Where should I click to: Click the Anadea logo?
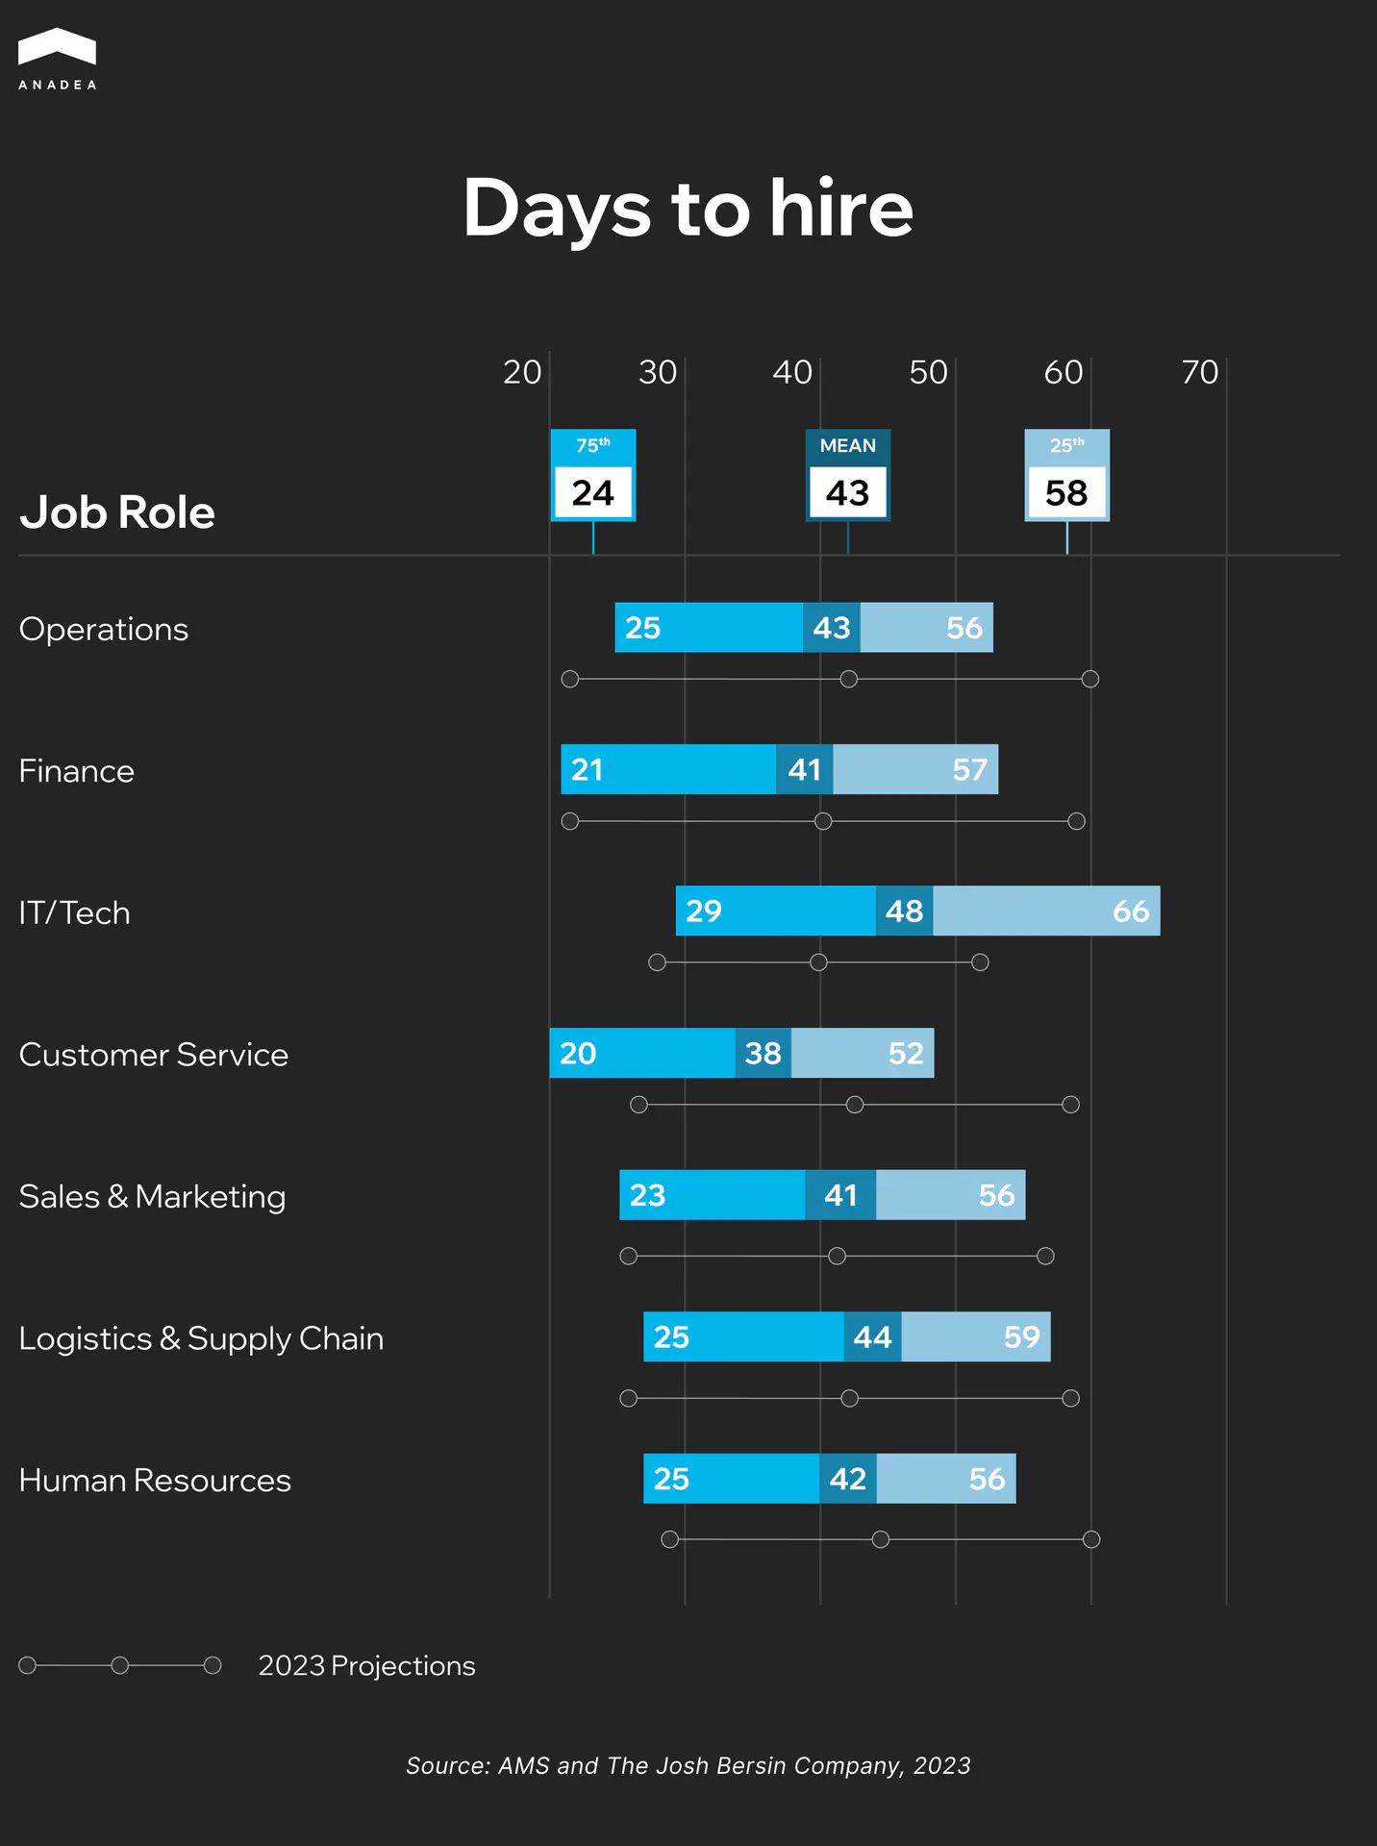pyautogui.click(x=58, y=59)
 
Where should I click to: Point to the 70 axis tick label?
pyautogui.click(x=1199, y=372)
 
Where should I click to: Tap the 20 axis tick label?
pyautogui.click(x=522, y=372)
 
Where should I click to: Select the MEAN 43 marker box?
pyautogui.click(x=847, y=476)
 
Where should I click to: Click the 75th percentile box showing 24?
pyautogui.click(x=592, y=476)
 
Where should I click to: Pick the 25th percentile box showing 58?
pyautogui.click(x=1066, y=476)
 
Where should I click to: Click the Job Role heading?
pyautogui.click(x=117, y=512)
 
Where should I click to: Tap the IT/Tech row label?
pyautogui.click(x=75, y=912)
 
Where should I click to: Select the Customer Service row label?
pyautogui.click(x=154, y=1055)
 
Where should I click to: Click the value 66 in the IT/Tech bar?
pyautogui.click(x=1131, y=911)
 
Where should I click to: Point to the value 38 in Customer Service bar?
pyautogui.click(x=764, y=1054)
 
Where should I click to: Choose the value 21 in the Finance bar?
pyautogui.click(x=588, y=770)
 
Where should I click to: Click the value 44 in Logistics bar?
pyautogui.click(x=872, y=1337)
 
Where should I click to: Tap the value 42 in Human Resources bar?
pyautogui.click(x=848, y=1479)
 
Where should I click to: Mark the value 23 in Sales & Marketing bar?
pyautogui.click(x=647, y=1195)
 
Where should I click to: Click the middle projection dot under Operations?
pyautogui.click(x=848, y=680)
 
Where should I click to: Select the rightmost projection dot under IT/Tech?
pyautogui.click(x=980, y=962)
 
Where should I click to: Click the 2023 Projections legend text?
pyautogui.click(x=366, y=1665)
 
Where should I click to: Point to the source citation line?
pyautogui.click(x=688, y=1766)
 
